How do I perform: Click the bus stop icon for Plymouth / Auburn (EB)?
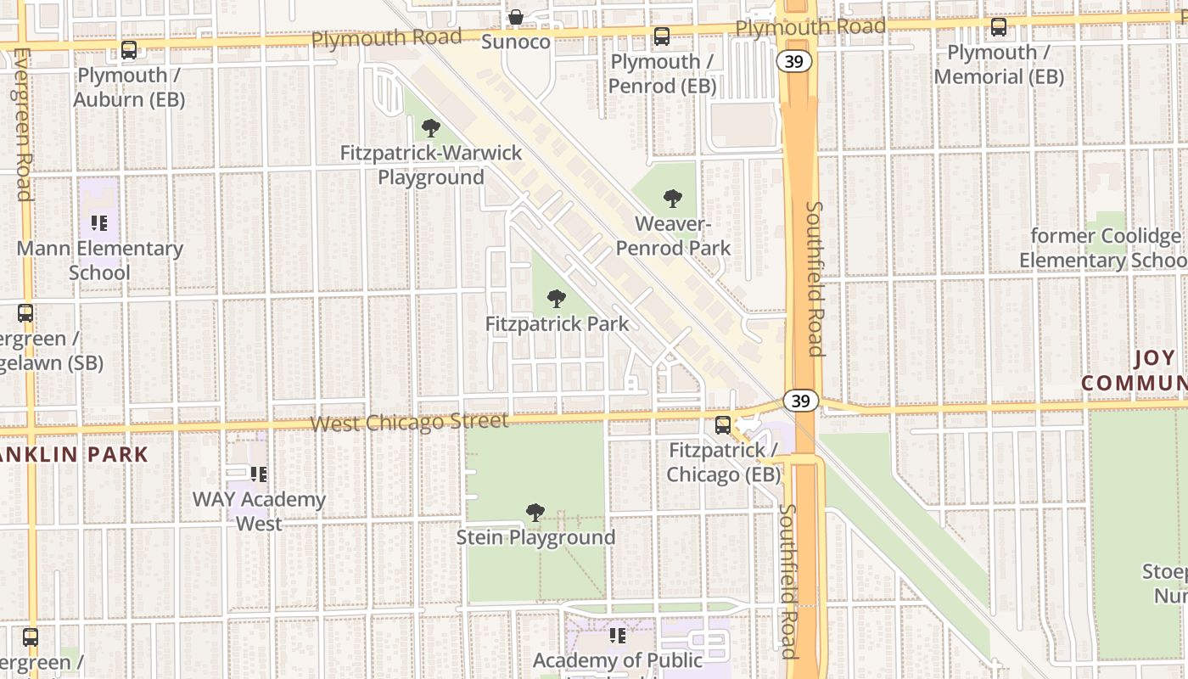click(129, 50)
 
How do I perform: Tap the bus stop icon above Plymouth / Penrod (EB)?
click(662, 36)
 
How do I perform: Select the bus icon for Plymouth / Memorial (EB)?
click(999, 27)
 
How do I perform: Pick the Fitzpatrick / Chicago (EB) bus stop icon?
click(723, 425)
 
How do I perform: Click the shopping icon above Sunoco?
click(515, 17)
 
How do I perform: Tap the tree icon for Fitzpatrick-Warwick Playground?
click(431, 128)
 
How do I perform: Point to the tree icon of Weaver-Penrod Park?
click(673, 199)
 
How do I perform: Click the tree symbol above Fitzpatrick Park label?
click(557, 299)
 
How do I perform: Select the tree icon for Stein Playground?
click(535, 513)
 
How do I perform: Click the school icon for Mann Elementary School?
click(99, 224)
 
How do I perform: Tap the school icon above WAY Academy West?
click(259, 474)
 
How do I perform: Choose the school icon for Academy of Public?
click(618, 636)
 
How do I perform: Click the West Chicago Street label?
click(409, 422)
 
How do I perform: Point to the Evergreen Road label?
click(23, 124)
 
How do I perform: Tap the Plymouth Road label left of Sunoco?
click(386, 37)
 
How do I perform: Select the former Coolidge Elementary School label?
click(1107, 248)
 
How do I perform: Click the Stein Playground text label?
click(535, 537)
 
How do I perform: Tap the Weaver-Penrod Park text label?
click(673, 236)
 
